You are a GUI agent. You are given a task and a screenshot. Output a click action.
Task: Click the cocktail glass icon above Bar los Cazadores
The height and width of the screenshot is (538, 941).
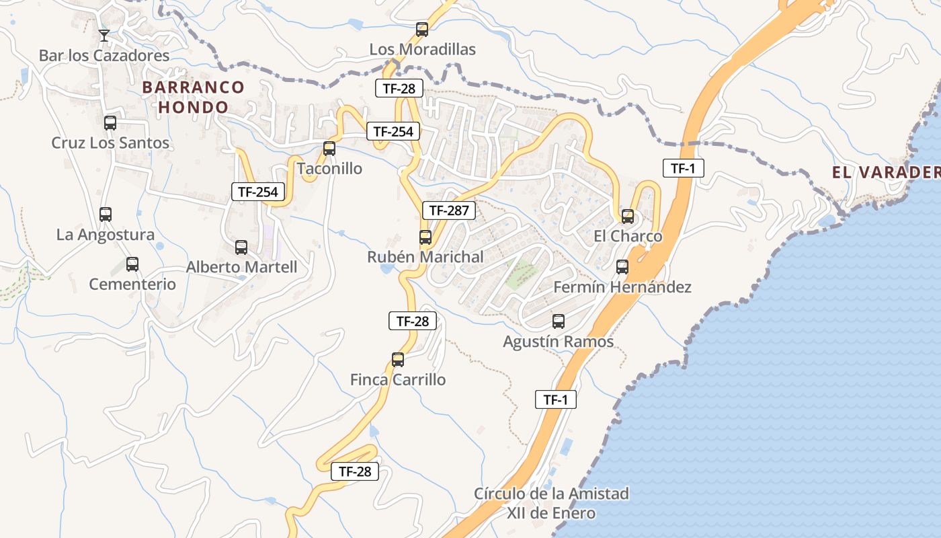(x=104, y=35)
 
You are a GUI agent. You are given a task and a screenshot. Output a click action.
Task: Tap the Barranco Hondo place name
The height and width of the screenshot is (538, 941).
(x=194, y=97)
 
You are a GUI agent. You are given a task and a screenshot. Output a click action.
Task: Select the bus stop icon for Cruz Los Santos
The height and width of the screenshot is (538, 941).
(x=110, y=123)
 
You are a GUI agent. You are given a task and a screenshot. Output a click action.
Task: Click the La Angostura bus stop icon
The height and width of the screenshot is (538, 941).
(x=106, y=215)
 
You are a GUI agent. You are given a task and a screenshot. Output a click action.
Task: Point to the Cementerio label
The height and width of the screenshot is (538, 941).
(x=132, y=284)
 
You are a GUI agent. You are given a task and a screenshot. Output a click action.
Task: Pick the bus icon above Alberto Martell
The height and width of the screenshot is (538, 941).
(x=241, y=247)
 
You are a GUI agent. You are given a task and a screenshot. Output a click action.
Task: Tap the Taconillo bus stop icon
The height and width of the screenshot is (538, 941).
(x=329, y=149)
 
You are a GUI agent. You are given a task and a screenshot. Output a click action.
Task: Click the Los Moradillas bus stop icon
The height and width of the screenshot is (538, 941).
(x=422, y=30)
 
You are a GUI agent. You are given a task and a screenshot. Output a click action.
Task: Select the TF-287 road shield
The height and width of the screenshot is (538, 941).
(x=449, y=210)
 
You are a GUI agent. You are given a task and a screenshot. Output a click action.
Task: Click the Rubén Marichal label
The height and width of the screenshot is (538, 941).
(x=425, y=257)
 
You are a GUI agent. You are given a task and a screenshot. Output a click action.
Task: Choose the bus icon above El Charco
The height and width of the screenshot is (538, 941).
(x=628, y=217)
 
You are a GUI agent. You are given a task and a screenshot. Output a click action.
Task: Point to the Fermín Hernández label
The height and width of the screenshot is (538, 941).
(x=622, y=287)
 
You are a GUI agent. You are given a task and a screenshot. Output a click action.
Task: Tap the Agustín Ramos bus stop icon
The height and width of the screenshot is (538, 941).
(x=559, y=321)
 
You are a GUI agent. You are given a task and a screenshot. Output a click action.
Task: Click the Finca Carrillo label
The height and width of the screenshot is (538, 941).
(x=398, y=380)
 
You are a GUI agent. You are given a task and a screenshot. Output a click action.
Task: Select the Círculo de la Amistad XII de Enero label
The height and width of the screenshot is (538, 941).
(x=551, y=503)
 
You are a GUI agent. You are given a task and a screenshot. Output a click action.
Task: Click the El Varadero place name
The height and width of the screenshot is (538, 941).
(x=886, y=173)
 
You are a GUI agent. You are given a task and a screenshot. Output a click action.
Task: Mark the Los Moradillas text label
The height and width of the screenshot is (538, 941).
(x=422, y=49)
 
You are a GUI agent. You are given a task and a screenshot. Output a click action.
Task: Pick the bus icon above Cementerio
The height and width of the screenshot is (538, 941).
(x=132, y=264)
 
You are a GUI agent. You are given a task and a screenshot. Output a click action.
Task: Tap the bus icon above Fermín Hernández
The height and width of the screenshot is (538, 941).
(x=622, y=267)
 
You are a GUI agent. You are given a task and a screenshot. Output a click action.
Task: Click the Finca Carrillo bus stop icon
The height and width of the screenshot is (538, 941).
(x=398, y=360)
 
